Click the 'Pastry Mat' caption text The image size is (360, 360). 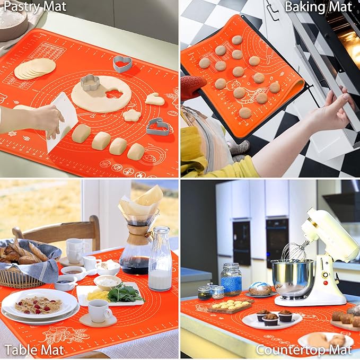pos(35,7)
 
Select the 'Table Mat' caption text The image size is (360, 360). pos(34,350)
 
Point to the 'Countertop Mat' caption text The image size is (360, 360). pos(304,350)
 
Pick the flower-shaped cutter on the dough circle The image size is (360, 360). pos(90,83)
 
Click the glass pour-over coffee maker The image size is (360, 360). pos(136,239)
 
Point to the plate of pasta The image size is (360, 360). pos(38,304)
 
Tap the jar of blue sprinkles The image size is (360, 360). pos(231,280)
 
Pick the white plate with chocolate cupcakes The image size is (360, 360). pos(272,319)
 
